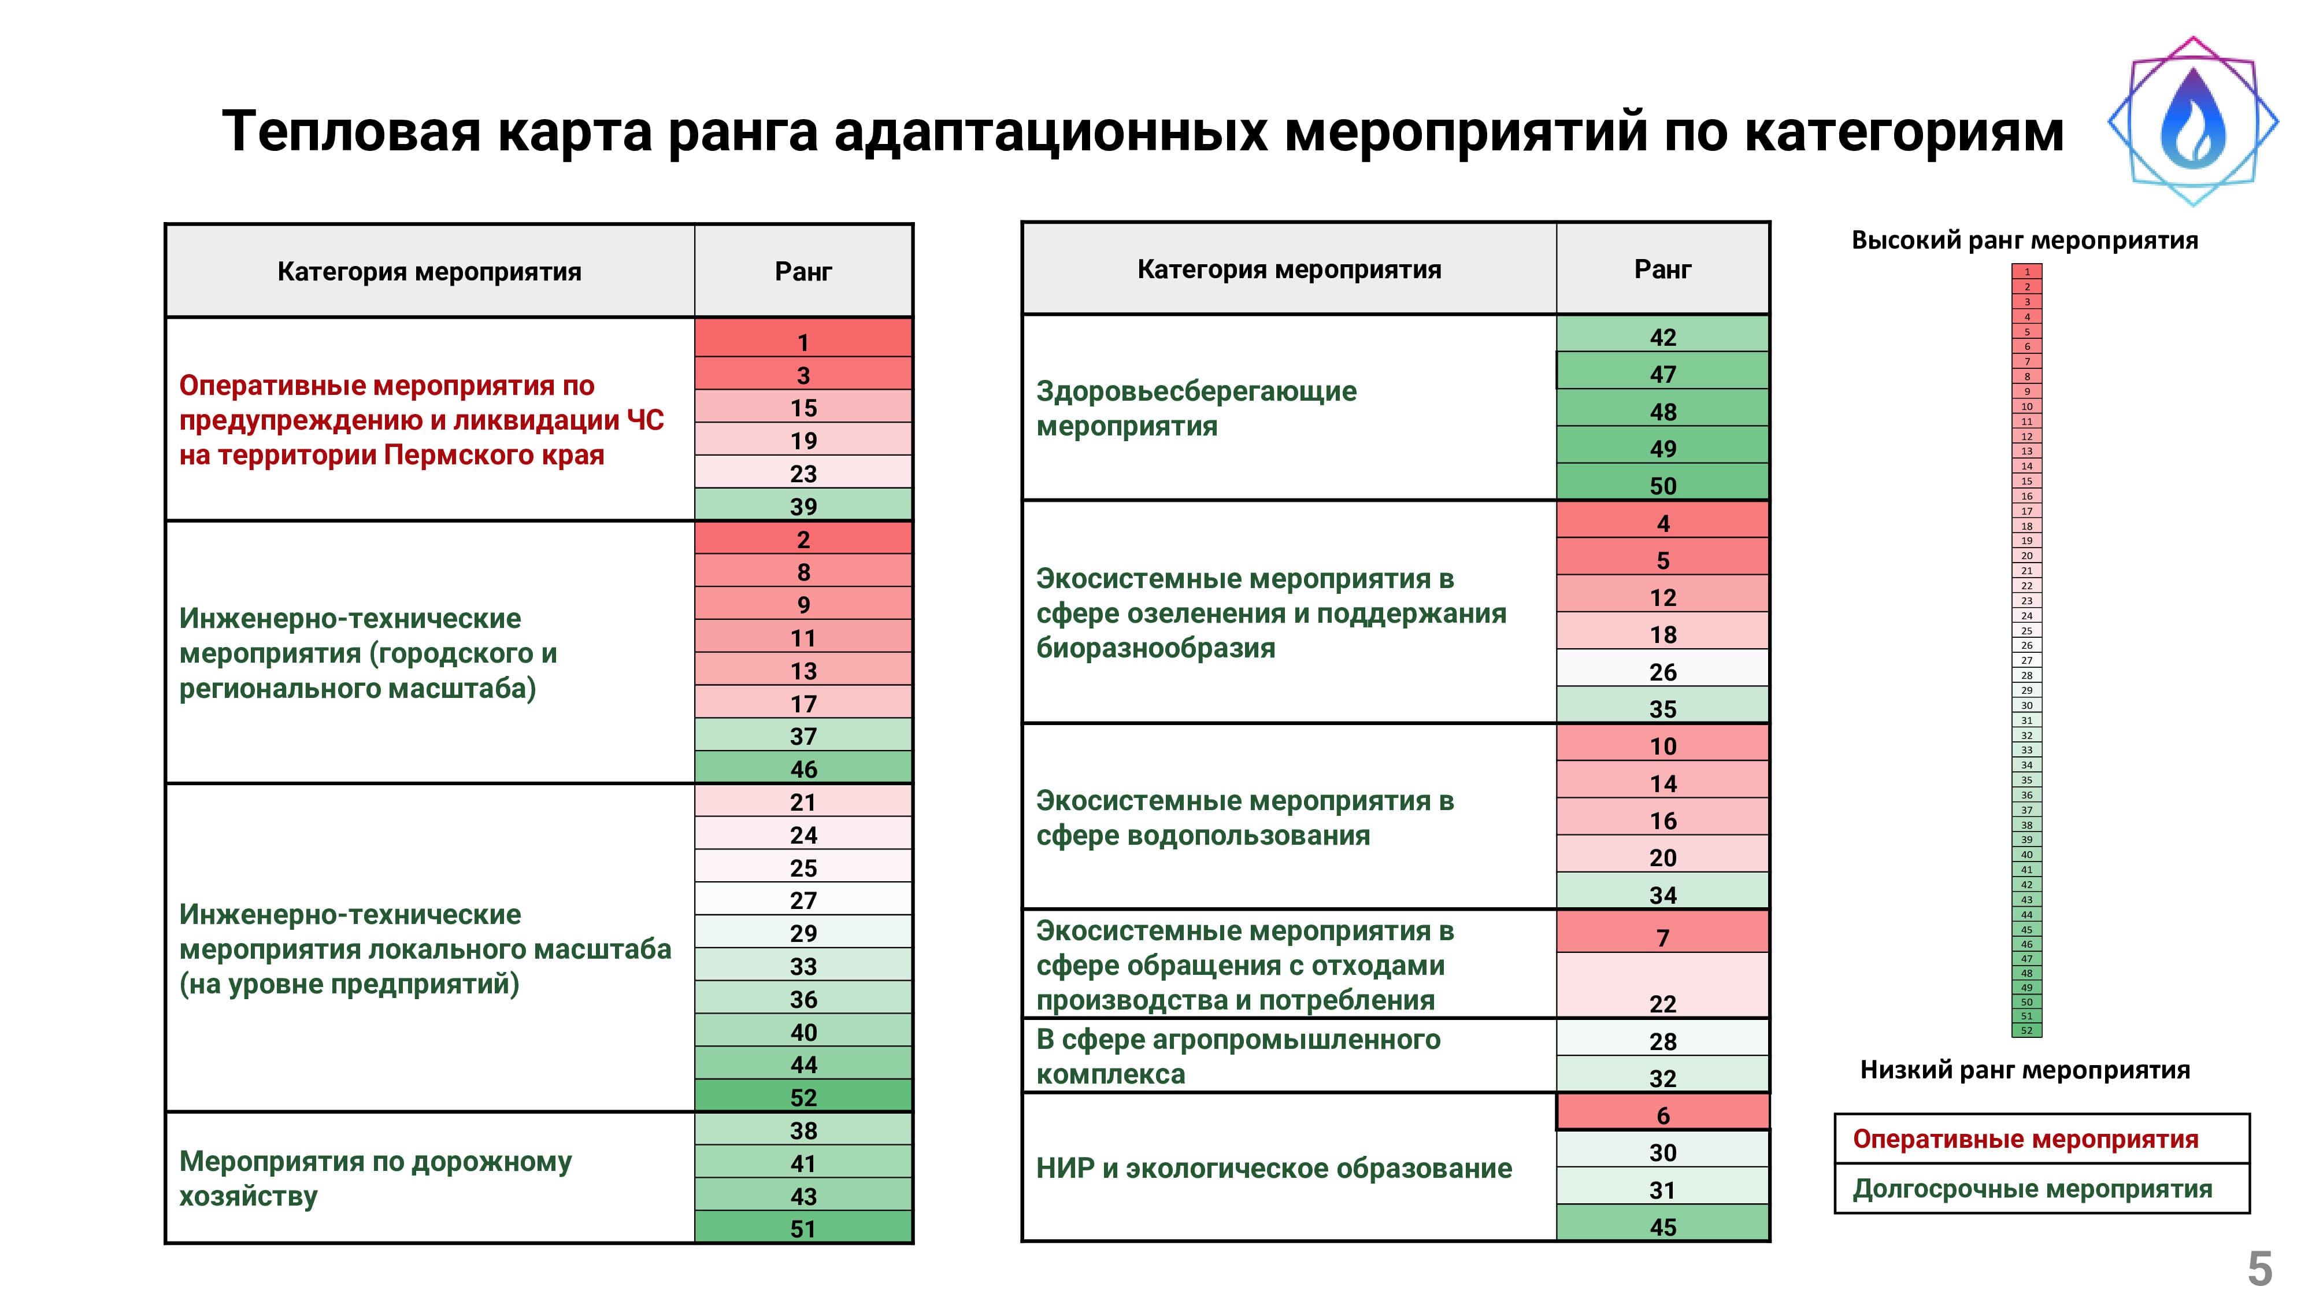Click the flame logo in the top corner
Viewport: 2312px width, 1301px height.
point(2192,122)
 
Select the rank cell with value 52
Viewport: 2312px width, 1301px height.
point(803,1096)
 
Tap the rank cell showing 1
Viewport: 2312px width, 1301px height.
point(803,341)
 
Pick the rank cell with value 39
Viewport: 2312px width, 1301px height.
point(803,505)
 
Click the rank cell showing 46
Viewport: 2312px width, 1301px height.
point(803,768)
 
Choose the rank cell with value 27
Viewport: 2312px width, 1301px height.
point(803,899)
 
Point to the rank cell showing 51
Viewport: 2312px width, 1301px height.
point(803,1228)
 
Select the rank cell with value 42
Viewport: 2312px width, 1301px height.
point(1662,336)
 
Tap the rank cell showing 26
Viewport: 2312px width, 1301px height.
point(1662,670)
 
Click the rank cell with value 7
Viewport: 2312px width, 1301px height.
point(1662,934)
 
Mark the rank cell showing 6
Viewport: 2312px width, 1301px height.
point(1662,1113)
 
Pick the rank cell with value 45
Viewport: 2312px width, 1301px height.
point(1662,1225)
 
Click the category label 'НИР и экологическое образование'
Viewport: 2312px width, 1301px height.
point(1273,1167)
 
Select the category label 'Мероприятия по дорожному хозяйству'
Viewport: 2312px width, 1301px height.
point(375,1178)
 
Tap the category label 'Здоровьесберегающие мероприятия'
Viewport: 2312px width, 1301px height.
point(1196,408)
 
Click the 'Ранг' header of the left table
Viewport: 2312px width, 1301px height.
point(803,271)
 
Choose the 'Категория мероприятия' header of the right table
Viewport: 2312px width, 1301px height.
point(1289,268)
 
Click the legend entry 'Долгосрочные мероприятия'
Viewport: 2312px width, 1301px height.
point(2032,1188)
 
